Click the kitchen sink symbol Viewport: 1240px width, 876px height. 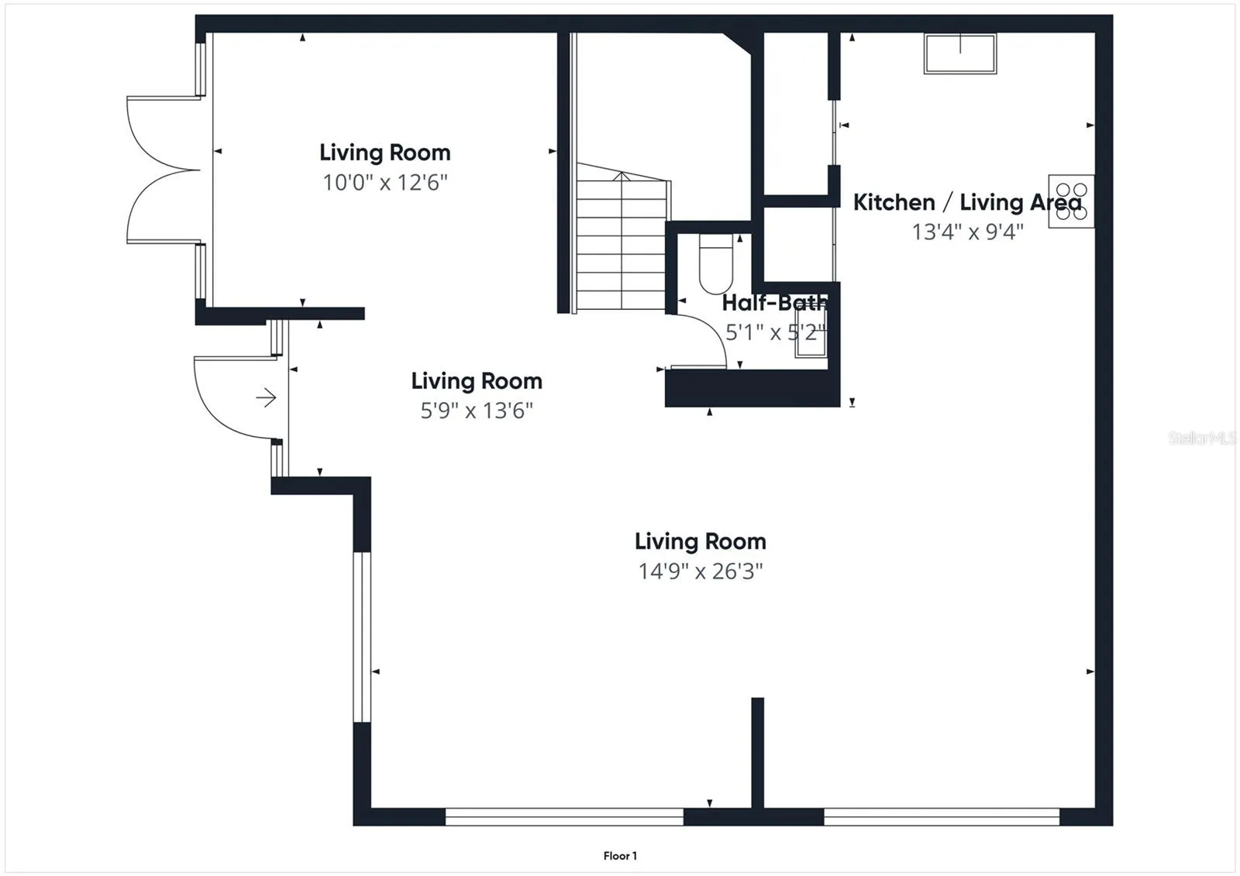(960, 53)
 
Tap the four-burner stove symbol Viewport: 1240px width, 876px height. (1071, 201)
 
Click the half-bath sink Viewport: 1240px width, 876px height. (811, 332)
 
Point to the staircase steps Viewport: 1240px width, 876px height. (621, 237)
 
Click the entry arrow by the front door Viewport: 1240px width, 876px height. (267, 397)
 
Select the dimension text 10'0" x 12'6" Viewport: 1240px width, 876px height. (384, 182)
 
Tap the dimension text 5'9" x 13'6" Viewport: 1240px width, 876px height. (477, 411)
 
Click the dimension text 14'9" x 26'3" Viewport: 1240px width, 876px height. (701, 571)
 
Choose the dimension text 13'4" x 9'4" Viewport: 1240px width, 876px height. (968, 232)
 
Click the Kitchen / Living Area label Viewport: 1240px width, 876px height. (967, 202)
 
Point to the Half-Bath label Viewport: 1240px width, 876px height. (775, 303)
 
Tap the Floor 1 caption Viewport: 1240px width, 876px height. (620, 856)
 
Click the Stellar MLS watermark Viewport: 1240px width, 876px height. (1202, 438)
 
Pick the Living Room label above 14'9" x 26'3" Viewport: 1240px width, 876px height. (701, 541)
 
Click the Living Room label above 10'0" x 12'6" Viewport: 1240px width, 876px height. (384, 153)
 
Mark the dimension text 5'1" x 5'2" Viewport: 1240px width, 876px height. (776, 332)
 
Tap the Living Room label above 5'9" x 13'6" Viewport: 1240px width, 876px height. (477, 381)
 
